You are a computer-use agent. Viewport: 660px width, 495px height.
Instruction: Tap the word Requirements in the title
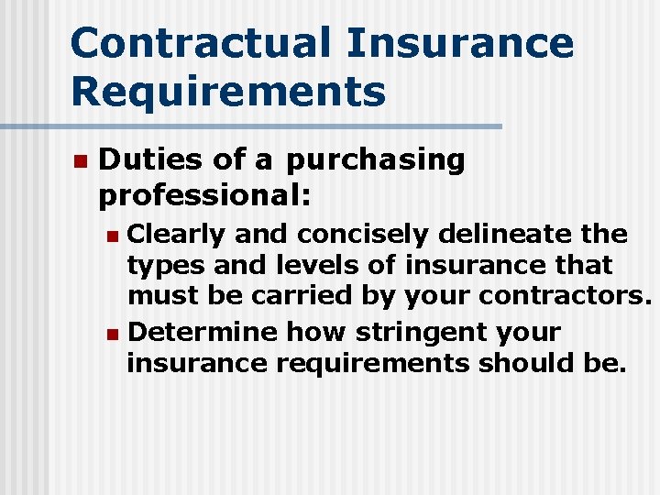[227, 93]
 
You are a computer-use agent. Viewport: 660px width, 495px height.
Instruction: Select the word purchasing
[376, 161]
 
